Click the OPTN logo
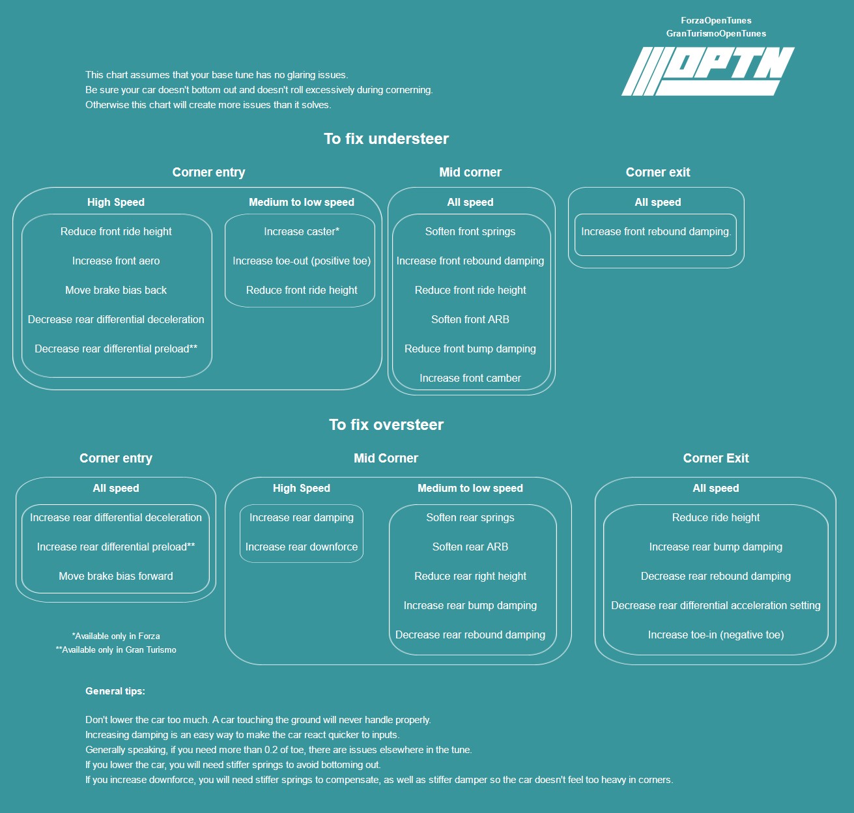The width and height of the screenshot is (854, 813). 708,71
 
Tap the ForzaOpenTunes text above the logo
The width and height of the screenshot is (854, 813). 716,20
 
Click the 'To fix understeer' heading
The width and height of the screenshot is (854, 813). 386,139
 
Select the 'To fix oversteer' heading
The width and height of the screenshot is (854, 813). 386,425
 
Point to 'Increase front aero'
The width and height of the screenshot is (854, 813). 116,261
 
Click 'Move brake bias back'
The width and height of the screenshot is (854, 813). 116,290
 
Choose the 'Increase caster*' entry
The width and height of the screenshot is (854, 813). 302,231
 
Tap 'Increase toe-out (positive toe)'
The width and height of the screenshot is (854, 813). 302,261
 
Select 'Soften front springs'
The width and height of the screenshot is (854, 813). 470,231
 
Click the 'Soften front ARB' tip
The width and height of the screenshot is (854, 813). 470,319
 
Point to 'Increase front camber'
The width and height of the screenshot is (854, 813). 470,378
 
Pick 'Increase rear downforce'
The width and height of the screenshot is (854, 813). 302,547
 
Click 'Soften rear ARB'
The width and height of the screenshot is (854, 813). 470,547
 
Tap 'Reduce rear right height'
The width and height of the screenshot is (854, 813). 470,576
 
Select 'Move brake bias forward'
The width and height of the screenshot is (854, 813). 116,576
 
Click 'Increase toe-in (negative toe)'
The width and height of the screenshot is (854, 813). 716,635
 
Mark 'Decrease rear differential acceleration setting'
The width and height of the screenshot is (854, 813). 716,605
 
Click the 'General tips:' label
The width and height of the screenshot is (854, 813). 115,691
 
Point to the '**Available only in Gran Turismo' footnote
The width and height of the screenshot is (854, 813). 116,649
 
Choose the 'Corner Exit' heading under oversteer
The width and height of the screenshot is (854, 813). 716,458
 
